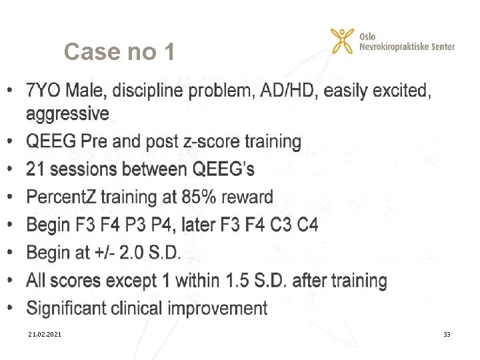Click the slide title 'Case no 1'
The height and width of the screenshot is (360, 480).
click(119, 51)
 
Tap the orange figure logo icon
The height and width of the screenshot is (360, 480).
click(342, 41)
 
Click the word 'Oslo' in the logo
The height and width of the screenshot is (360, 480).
click(367, 36)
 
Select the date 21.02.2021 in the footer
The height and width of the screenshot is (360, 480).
click(45, 333)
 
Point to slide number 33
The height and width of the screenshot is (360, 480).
click(447, 333)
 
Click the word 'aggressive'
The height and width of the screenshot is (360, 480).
click(67, 114)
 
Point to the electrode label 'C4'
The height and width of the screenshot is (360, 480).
click(307, 225)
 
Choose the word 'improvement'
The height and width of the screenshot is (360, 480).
click(218, 308)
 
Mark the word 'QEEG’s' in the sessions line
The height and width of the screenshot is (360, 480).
click(223, 169)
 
